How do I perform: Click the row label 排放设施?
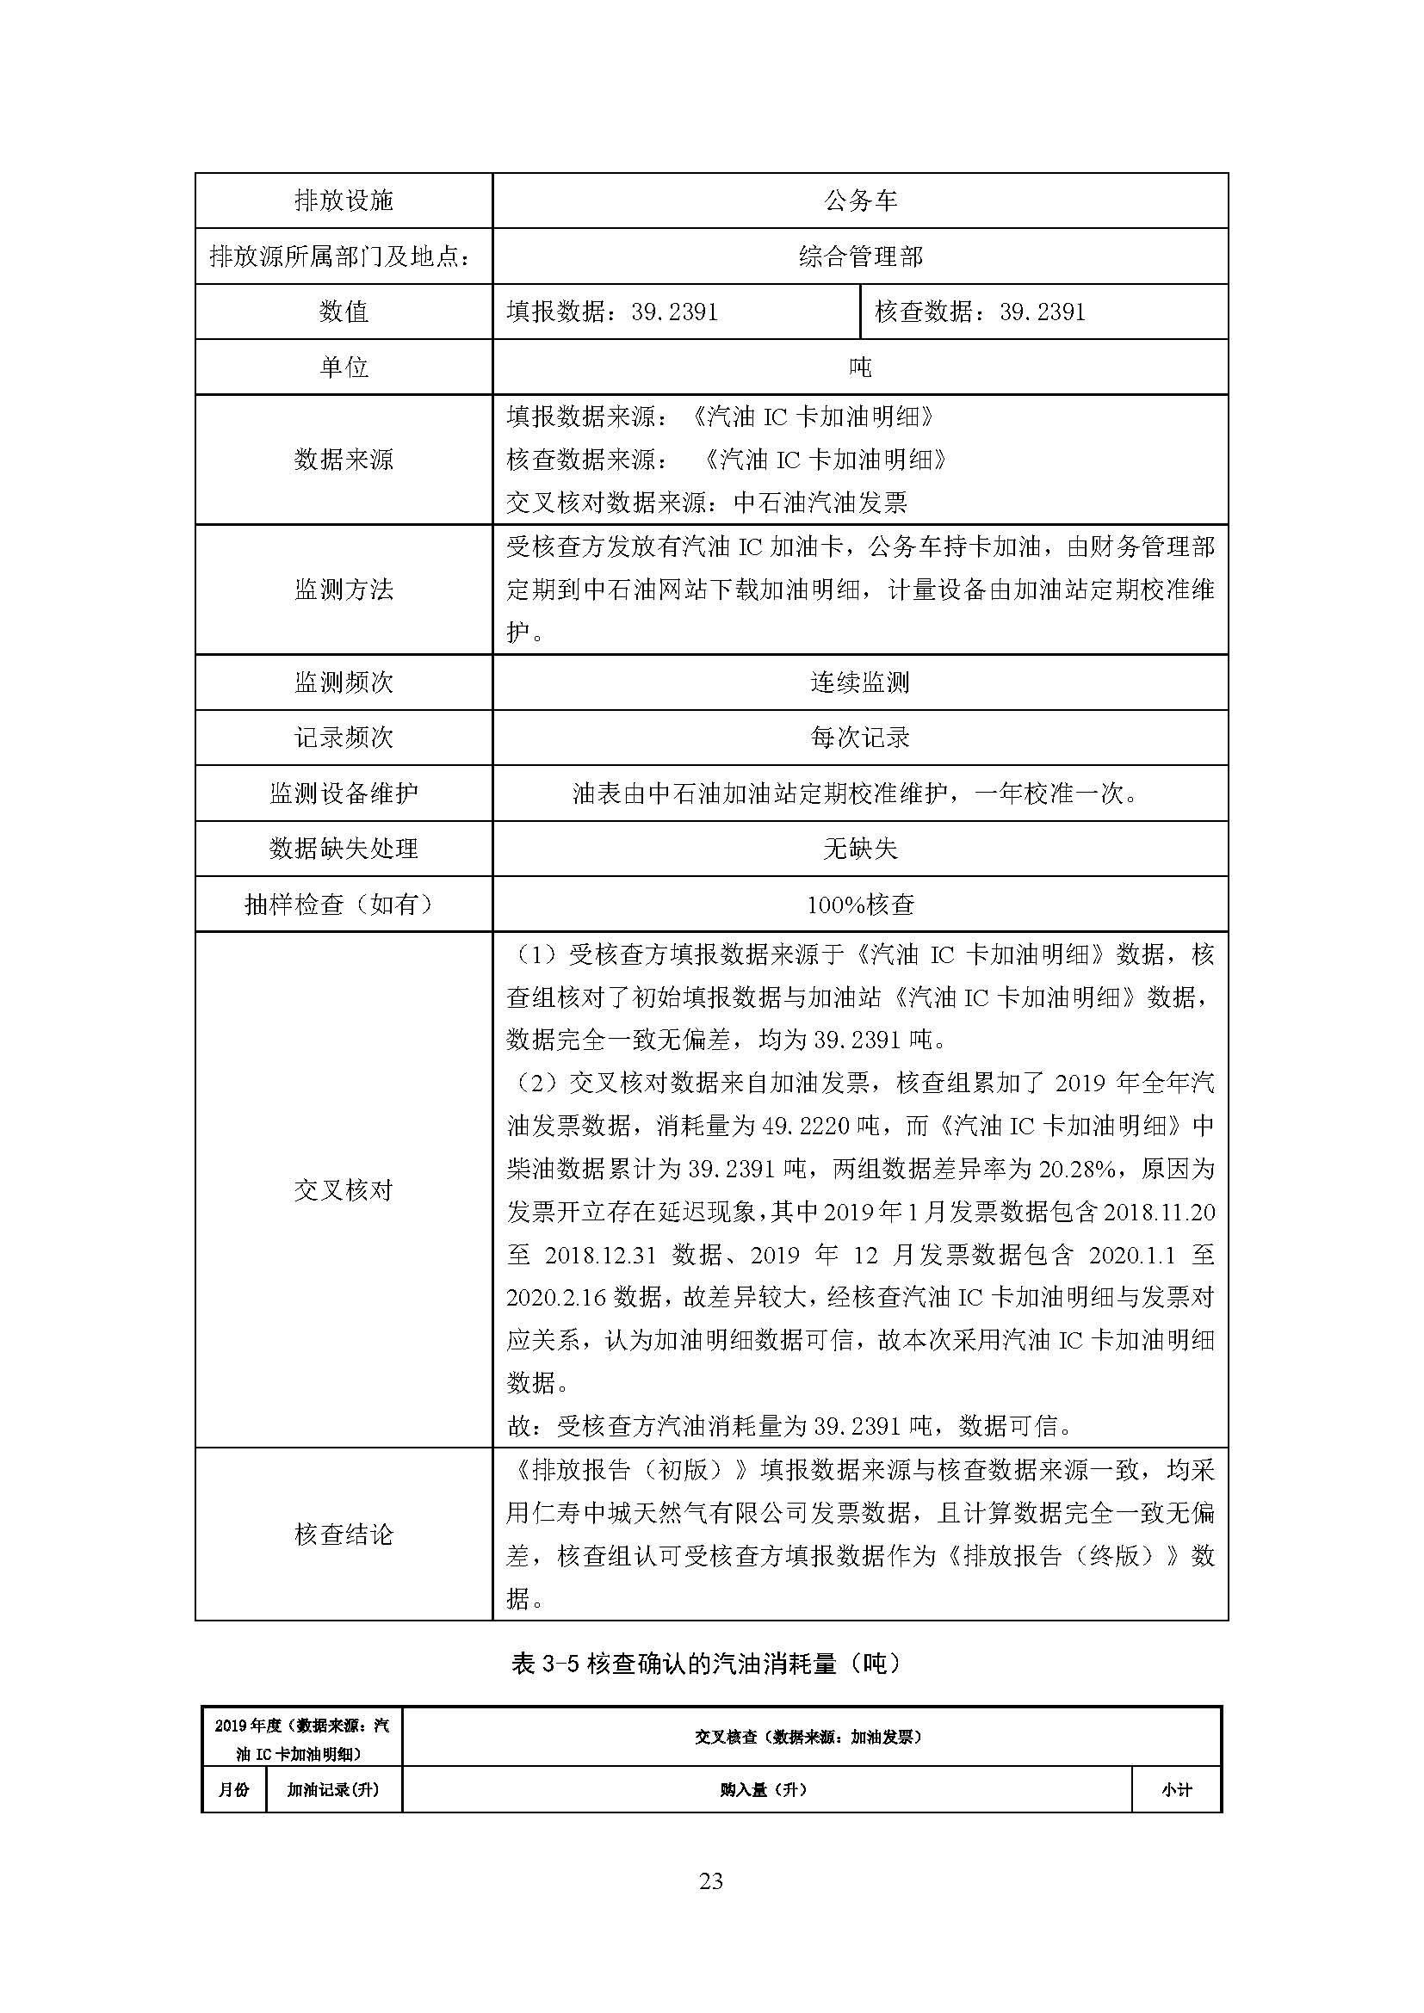343,201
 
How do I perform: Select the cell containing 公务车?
860,201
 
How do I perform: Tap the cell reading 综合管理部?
860,256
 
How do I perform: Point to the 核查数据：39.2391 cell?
981,312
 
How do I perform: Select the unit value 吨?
860,367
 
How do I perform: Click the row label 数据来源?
343,459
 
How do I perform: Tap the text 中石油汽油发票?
820,503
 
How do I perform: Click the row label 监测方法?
343,590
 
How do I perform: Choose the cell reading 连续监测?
860,682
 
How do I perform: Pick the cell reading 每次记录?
860,738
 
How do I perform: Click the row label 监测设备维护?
343,793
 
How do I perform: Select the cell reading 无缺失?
860,849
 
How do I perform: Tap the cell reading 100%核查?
860,904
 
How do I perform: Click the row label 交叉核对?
343,1190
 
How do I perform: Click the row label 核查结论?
343,1534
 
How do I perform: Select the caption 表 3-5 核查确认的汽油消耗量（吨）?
706,1664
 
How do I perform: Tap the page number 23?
711,1880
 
